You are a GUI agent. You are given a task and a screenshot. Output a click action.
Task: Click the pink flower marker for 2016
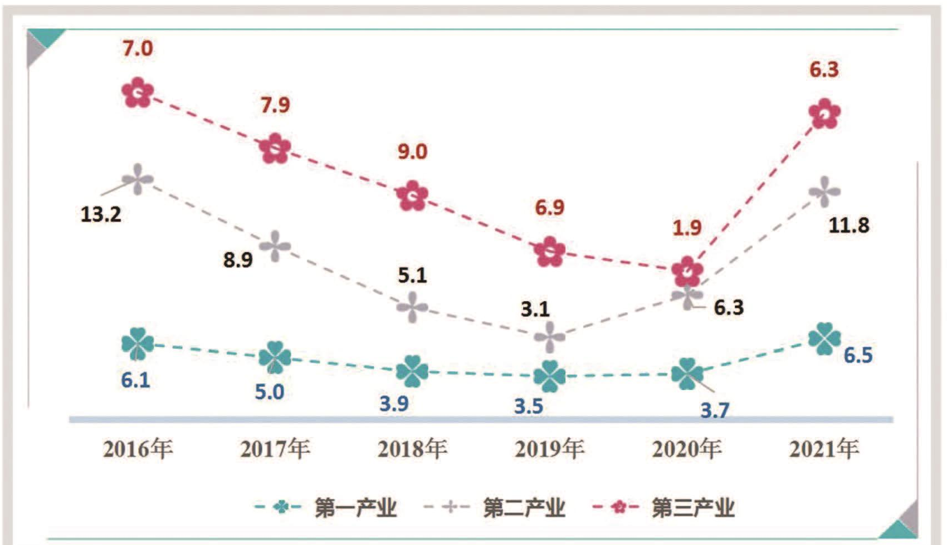click(138, 92)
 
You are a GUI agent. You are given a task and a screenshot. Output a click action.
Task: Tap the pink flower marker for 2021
click(824, 114)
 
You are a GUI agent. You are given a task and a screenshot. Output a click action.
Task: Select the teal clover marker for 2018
click(412, 371)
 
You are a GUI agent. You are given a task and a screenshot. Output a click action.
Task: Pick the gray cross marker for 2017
click(275, 246)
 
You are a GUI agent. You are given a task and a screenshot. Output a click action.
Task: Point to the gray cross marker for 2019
click(550, 337)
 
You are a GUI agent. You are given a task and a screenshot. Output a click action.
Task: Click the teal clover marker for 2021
click(824, 339)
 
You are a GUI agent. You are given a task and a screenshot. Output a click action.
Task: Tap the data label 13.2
click(101, 214)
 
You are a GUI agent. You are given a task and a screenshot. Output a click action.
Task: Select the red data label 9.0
click(413, 151)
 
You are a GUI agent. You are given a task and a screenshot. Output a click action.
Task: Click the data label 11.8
click(849, 225)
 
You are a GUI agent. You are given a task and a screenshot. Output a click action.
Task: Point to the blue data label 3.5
click(529, 406)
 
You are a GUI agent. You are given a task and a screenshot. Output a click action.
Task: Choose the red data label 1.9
click(687, 228)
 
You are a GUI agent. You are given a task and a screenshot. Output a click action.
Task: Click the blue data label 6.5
click(858, 355)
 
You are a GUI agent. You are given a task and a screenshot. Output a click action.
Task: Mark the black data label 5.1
click(413, 275)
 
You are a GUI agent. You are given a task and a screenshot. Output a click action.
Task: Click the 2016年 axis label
click(138, 449)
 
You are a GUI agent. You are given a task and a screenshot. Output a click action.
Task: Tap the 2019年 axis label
click(550, 449)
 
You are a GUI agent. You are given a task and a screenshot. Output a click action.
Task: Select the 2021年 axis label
click(824, 449)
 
